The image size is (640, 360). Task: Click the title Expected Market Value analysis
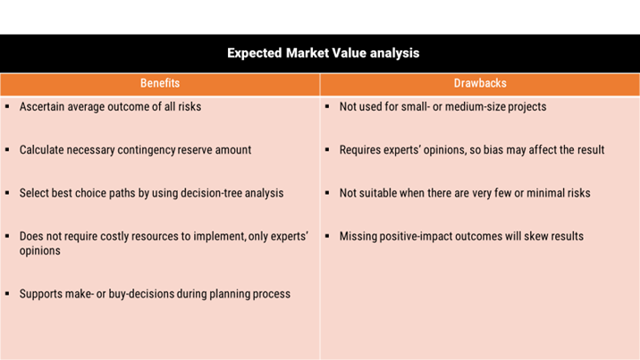(x=324, y=53)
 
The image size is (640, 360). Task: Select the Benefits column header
(x=160, y=83)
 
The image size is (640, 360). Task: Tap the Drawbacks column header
(x=480, y=83)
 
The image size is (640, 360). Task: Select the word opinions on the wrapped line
(x=40, y=251)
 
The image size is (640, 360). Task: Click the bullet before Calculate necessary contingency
(x=7, y=149)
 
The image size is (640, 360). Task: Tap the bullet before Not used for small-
(x=327, y=106)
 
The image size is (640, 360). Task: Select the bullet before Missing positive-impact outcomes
(x=327, y=236)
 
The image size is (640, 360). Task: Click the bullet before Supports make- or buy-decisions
(x=7, y=294)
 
